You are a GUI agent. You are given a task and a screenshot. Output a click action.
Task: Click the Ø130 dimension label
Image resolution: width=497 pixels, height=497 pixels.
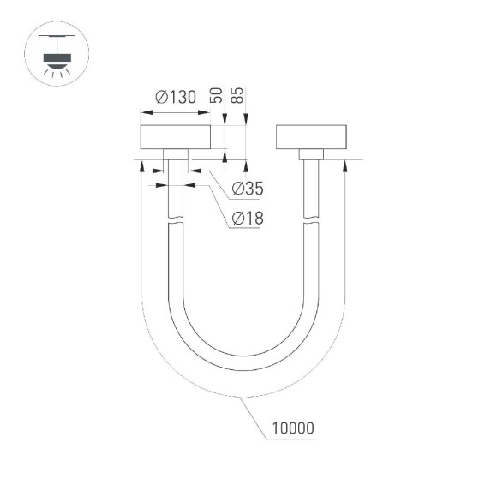[x=176, y=97]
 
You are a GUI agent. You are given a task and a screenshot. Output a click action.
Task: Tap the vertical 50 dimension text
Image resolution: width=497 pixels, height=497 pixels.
[x=219, y=95]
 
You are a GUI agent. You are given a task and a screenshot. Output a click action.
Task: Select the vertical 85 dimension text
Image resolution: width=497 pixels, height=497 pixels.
[x=240, y=95]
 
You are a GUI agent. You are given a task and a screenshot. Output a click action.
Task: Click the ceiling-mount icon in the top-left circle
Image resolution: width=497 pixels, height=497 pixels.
[x=57, y=57]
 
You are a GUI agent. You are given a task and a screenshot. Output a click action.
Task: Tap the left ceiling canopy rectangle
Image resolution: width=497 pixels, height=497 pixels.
[x=176, y=137]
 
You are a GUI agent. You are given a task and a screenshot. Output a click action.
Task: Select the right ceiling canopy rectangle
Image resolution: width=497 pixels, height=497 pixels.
[x=312, y=137]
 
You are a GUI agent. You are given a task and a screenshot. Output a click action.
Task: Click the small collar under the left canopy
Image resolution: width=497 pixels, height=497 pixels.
[x=176, y=154]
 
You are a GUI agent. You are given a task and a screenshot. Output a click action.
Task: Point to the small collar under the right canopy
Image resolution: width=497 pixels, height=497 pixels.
[x=312, y=154]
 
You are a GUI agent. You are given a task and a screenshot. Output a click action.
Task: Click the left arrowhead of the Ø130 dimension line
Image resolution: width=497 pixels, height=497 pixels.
[x=143, y=112]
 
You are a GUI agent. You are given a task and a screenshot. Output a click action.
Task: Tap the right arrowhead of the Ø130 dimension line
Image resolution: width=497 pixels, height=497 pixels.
[x=208, y=112]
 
